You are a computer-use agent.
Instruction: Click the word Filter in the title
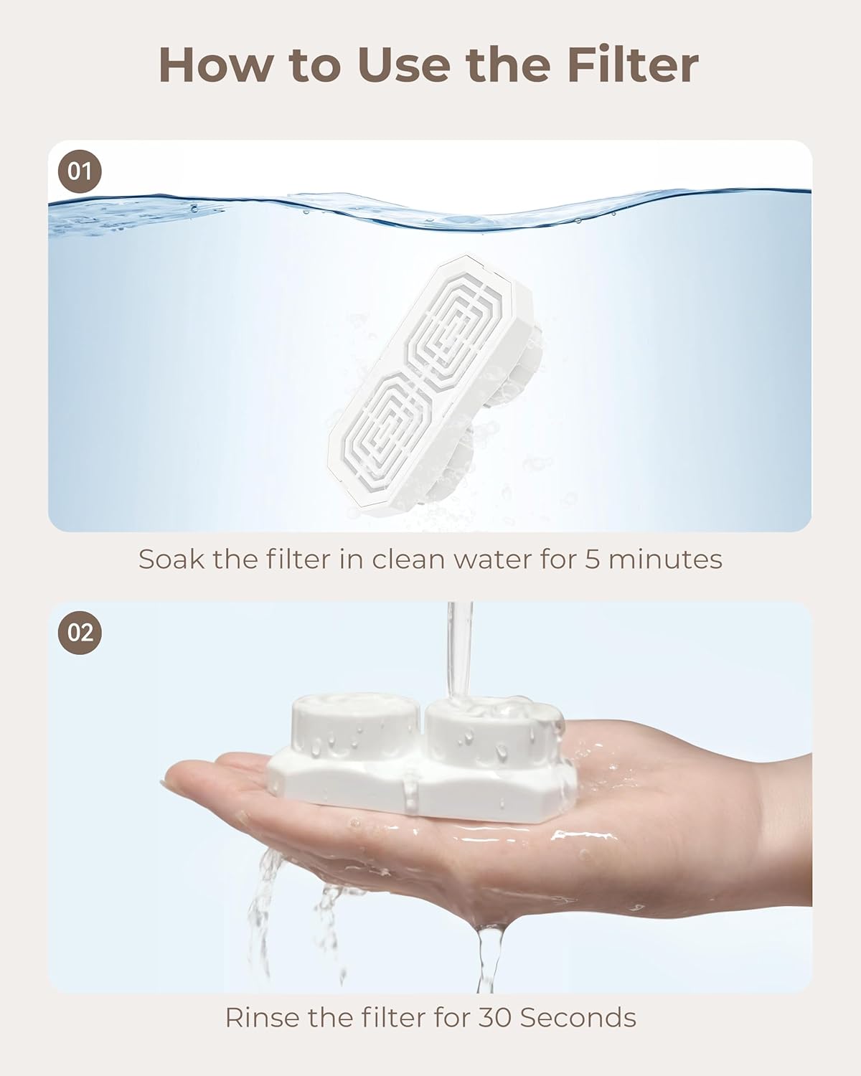634,65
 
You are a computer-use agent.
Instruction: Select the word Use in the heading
404,65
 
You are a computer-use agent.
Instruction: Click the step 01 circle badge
80,171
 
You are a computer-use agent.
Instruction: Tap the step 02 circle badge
80,633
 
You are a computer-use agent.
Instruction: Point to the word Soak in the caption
171,559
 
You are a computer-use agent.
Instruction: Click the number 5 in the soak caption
593,559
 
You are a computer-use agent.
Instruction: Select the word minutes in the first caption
665,559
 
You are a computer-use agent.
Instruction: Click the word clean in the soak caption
408,559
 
